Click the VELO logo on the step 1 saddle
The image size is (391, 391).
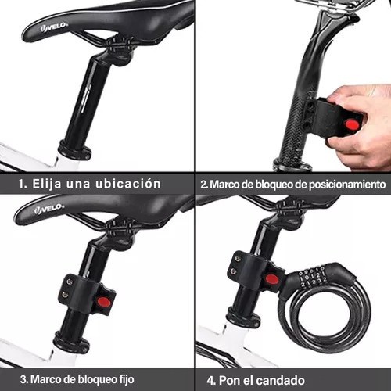point(54,27)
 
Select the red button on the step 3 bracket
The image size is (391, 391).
point(104,302)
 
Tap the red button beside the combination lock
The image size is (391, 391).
point(272,279)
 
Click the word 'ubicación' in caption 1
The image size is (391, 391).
point(127,184)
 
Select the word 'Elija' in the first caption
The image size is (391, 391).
point(47,184)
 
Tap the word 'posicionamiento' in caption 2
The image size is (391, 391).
point(347,185)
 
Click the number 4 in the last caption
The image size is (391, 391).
point(210,381)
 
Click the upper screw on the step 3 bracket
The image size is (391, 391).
point(69,282)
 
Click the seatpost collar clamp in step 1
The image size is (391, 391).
point(74,150)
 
